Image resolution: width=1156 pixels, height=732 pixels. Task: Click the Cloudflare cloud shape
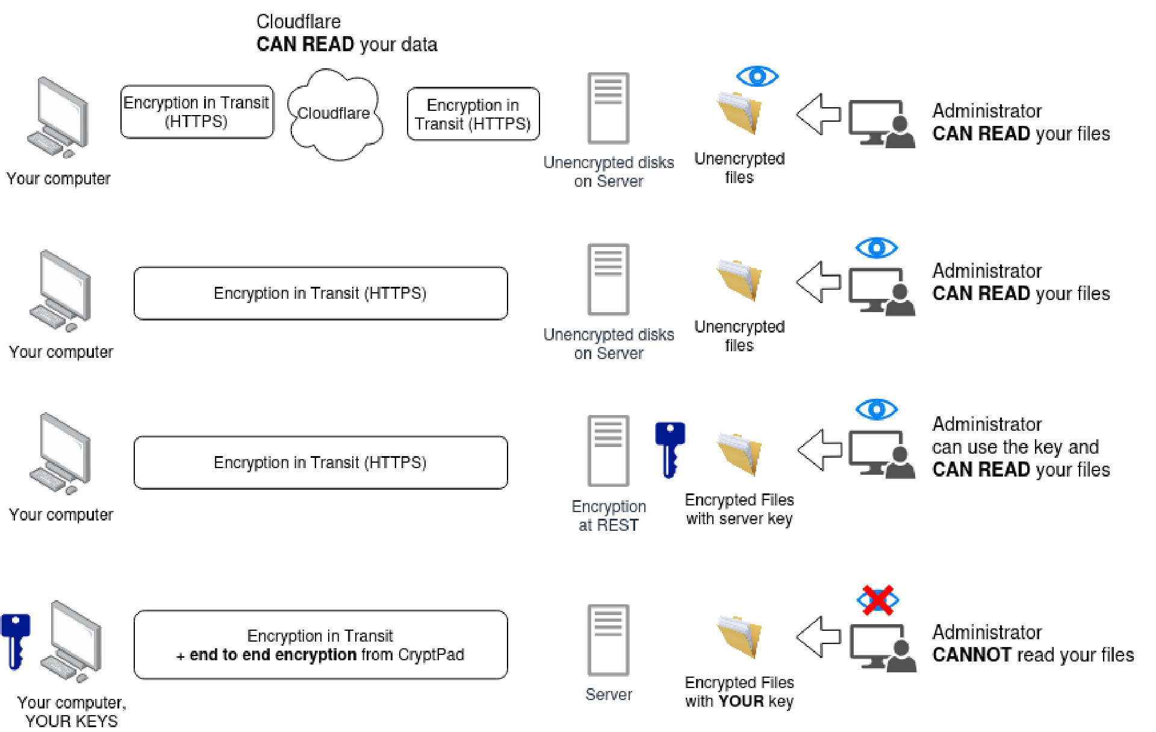335,114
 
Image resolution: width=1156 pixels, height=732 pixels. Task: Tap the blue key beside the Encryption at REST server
670,449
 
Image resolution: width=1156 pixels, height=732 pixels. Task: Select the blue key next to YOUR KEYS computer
16,640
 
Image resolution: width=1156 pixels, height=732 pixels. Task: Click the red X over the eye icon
877,600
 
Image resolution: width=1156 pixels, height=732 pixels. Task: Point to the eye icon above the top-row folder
757,77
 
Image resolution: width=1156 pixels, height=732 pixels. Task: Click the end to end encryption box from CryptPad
320,645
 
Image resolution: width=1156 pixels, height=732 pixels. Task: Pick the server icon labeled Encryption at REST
608,450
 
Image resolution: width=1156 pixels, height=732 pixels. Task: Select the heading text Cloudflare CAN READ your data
346,33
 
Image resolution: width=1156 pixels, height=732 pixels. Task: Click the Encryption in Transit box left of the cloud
197,112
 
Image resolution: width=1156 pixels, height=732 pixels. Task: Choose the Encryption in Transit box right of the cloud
473,114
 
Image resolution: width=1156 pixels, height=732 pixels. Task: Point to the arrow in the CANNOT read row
818,636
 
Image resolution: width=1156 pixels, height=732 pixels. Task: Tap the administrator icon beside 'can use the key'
882,454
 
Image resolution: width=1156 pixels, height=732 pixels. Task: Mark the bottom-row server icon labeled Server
608,640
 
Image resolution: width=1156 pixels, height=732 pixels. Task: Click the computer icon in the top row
59,117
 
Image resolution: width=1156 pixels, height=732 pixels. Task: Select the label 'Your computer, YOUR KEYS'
72,712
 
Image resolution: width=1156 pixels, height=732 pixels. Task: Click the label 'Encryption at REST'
608,516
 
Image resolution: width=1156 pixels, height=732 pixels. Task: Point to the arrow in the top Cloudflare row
818,114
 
